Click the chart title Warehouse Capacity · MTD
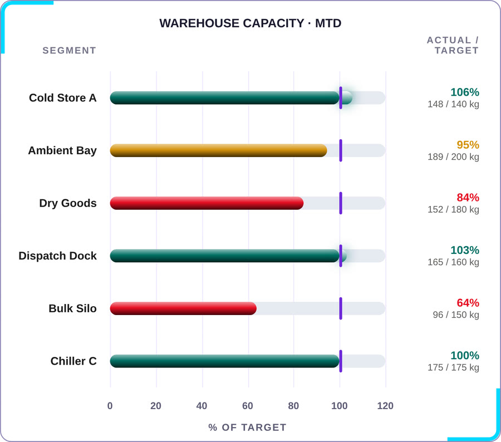click(250, 23)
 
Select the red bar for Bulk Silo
click(183, 308)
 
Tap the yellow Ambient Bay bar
click(219, 150)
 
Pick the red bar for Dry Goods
click(207, 203)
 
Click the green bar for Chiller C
click(225, 361)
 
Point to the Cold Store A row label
click(62, 98)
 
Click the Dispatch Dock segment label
click(57, 256)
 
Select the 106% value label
click(465, 92)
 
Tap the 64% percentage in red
click(468, 303)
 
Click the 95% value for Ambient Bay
click(468, 145)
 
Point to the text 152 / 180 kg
click(453, 210)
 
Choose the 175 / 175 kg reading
click(453, 367)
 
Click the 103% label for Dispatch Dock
click(465, 250)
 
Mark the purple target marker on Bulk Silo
click(341, 308)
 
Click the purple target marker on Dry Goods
click(341, 203)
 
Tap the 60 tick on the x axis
click(248, 406)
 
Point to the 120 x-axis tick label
click(385, 406)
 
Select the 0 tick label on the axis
click(110, 406)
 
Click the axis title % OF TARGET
click(247, 428)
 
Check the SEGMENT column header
click(70, 51)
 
